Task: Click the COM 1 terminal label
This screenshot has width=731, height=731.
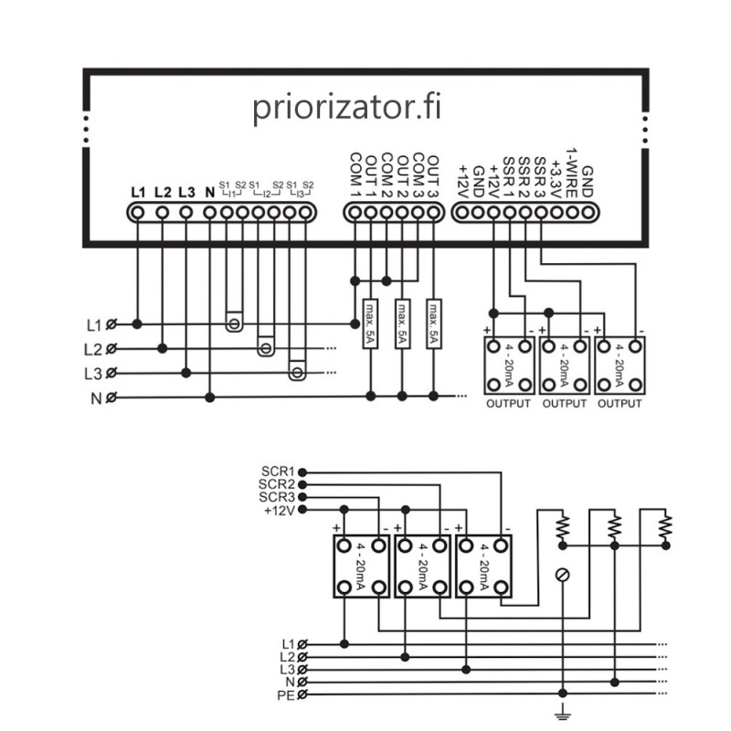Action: (x=355, y=173)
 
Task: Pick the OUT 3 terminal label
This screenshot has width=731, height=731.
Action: (x=434, y=173)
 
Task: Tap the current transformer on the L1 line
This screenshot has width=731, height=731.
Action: (x=235, y=323)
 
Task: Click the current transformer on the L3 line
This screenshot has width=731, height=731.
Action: (x=296, y=372)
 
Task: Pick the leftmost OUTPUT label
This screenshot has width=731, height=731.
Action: (x=507, y=403)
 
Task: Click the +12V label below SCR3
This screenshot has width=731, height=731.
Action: (x=278, y=510)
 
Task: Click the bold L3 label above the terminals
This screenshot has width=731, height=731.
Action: (x=186, y=193)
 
